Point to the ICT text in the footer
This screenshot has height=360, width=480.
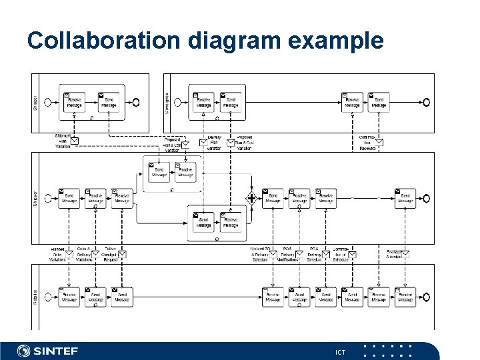click(x=341, y=351)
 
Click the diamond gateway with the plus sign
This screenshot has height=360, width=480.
click(x=251, y=198)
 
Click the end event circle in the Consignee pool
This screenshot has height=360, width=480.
click(x=424, y=102)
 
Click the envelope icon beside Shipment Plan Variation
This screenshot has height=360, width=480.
click(x=75, y=140)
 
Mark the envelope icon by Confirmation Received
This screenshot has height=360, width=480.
click(x=379, y=141)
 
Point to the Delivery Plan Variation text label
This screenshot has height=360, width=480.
click(x=214, y=143)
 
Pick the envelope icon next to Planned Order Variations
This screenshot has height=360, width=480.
click(x=71, y=254)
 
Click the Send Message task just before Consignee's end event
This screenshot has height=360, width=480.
click(x=378, y=102)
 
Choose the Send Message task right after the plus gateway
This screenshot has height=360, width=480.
click(x=273, y=198)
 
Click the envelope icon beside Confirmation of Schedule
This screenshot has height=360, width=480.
click(x=352, y=254)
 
